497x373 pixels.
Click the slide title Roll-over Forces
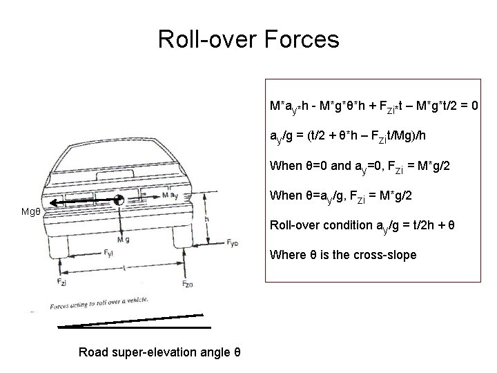point(248,39)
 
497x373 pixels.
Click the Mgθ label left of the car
point(32,211)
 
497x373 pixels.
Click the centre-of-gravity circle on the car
point(121,200)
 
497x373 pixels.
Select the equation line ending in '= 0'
point(376,109)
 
